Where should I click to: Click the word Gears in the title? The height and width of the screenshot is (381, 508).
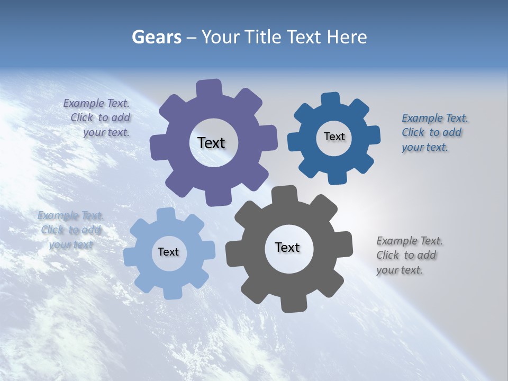[156, 37]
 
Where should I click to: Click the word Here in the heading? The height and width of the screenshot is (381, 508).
[347, 37]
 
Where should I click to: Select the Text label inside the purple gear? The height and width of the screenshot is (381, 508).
[211, 143]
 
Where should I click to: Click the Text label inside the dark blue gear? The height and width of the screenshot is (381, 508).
[334, 137]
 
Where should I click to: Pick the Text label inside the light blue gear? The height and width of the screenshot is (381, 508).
[168, 252]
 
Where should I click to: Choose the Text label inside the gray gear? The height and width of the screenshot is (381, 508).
[287, 247]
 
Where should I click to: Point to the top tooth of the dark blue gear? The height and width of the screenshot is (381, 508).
[330, 99]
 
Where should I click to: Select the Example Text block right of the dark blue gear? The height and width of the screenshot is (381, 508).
[434, 132]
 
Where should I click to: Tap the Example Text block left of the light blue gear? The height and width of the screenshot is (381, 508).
[70, 230]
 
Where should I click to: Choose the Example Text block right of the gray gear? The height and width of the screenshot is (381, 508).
[409, 255]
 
